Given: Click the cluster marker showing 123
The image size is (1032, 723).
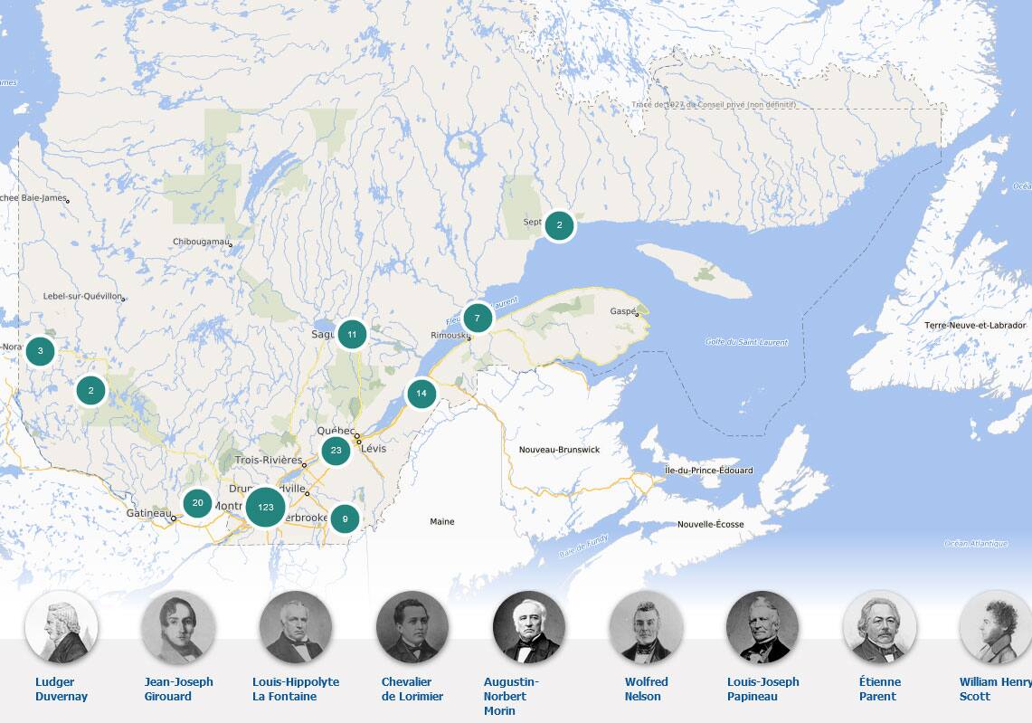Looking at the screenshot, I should [265, 507].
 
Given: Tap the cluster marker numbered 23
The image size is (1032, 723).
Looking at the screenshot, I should [336, 451].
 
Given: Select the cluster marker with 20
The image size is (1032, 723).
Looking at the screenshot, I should [197, 503].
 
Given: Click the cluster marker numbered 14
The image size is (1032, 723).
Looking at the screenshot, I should [421, 394].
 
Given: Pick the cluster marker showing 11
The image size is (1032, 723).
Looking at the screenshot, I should [352, 335].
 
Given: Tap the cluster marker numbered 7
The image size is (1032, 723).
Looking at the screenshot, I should [477, 319].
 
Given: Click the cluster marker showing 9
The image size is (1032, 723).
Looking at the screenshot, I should [345, 518].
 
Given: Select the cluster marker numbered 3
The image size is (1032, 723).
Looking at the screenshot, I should [40, 350].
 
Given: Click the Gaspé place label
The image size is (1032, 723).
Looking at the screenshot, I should [623, 310].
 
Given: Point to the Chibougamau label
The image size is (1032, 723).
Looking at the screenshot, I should [201, 242].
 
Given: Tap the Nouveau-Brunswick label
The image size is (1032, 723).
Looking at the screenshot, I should [559, 450].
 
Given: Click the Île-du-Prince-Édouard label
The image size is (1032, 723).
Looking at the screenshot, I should [708, 471].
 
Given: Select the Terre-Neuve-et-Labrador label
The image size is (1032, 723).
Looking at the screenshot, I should [975, 325].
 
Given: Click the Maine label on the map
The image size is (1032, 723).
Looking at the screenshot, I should [442, 522].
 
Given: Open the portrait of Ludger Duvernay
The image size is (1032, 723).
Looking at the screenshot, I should [62, 627].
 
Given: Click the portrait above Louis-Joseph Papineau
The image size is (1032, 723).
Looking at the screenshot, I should [762, 627].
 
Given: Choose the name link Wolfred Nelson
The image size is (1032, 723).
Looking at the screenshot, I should [646, 689].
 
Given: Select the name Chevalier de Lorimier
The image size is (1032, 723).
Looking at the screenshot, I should [412, 689].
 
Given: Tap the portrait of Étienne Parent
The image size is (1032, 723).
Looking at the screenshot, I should [879, 627].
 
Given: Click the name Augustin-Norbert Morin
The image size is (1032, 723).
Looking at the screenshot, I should [512, 696].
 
